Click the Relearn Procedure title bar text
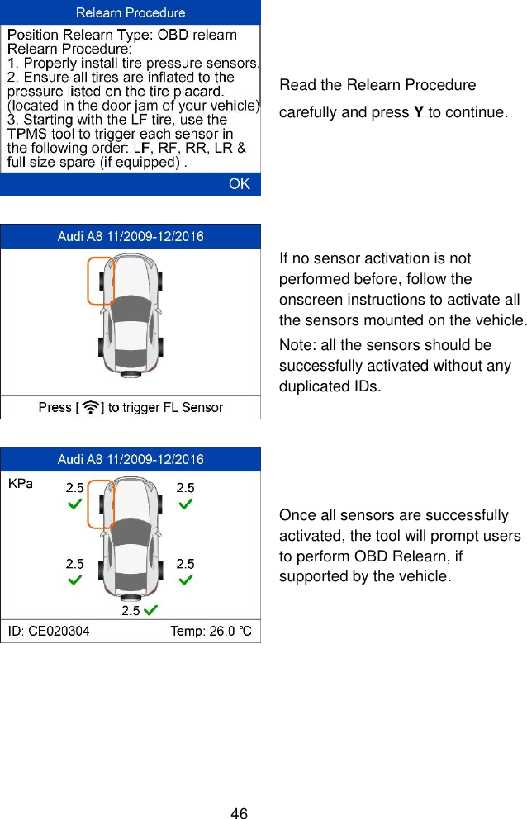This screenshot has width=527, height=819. click(131, 12)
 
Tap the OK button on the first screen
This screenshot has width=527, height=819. click(239, 184)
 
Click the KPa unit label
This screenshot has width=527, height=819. click(20, 484)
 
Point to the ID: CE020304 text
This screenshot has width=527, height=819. click(50, 632)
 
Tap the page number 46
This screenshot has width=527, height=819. click(240, 814)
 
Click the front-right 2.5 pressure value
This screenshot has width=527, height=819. click(186, 488)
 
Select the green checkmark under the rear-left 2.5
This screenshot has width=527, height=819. click(74, 580)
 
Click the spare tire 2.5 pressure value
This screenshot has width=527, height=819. click(131, 611)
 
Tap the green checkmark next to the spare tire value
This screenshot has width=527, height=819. click(150, 611)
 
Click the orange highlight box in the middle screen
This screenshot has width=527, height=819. click(101, 281)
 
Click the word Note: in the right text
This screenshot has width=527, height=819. click(297, 345)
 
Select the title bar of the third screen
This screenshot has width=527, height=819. click(131, 459)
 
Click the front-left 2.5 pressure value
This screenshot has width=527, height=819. click(75, 488)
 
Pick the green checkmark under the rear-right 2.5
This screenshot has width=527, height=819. click(187, 580)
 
